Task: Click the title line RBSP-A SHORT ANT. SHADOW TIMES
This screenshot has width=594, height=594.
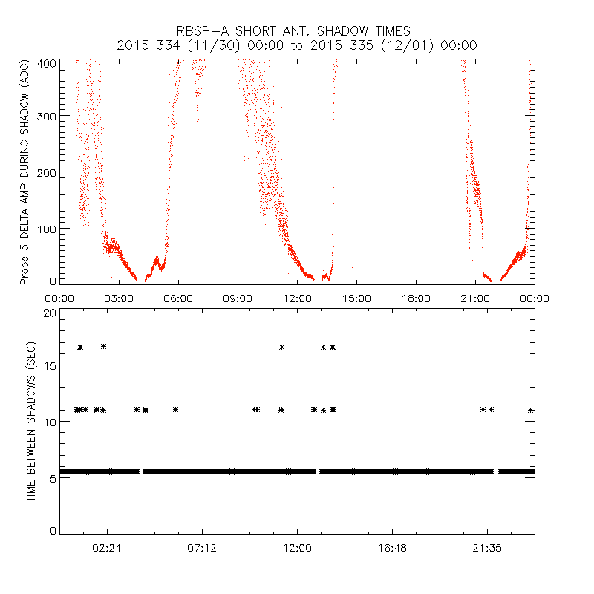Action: point(293,31)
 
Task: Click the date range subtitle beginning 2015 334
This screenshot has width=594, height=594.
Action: point(297,45)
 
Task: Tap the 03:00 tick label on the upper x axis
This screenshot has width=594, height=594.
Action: point(119,298)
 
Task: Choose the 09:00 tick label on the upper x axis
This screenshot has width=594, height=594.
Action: point(238,298)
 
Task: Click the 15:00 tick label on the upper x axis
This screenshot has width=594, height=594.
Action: point(356,298)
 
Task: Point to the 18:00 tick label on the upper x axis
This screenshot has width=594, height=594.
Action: point(416,298)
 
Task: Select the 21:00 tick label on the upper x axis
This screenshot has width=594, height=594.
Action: point(475,298)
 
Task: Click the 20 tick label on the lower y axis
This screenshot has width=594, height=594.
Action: point(49,313)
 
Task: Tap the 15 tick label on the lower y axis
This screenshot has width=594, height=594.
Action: point(49,368)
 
